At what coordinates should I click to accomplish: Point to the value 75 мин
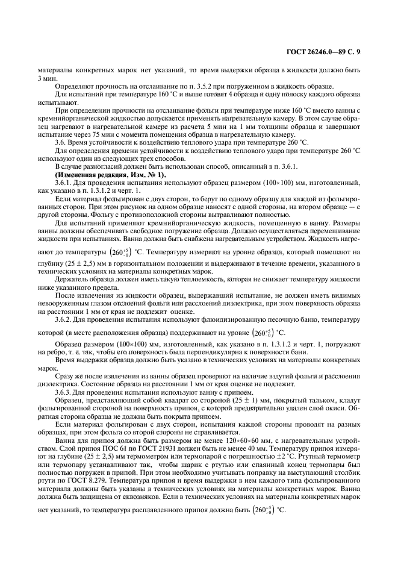point(87,136)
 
